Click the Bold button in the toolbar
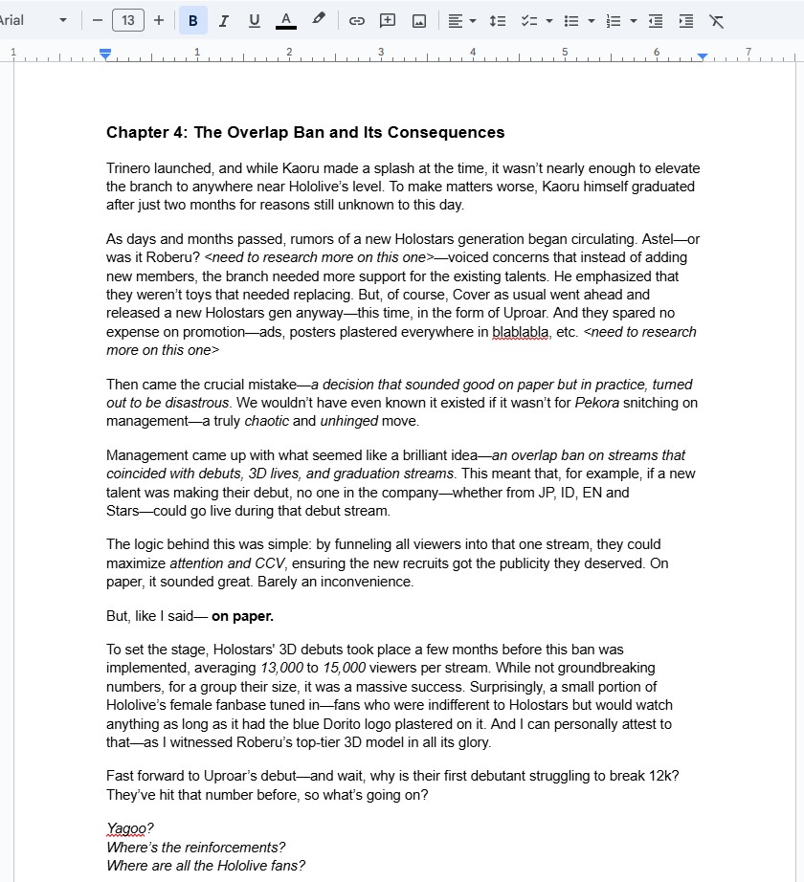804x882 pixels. (192, 20)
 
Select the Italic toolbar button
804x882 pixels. (223, 20)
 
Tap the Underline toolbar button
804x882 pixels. (254, 20)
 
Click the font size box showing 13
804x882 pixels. (127, 20)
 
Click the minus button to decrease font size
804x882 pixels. (98, 20)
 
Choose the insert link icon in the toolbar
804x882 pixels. (356, 20)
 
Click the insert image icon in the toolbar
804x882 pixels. (418, 20)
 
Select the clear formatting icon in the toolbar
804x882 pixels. (716, 20)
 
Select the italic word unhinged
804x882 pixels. (349, 421)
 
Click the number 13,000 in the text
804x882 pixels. (282, 668)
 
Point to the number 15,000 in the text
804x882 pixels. (345, 668)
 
